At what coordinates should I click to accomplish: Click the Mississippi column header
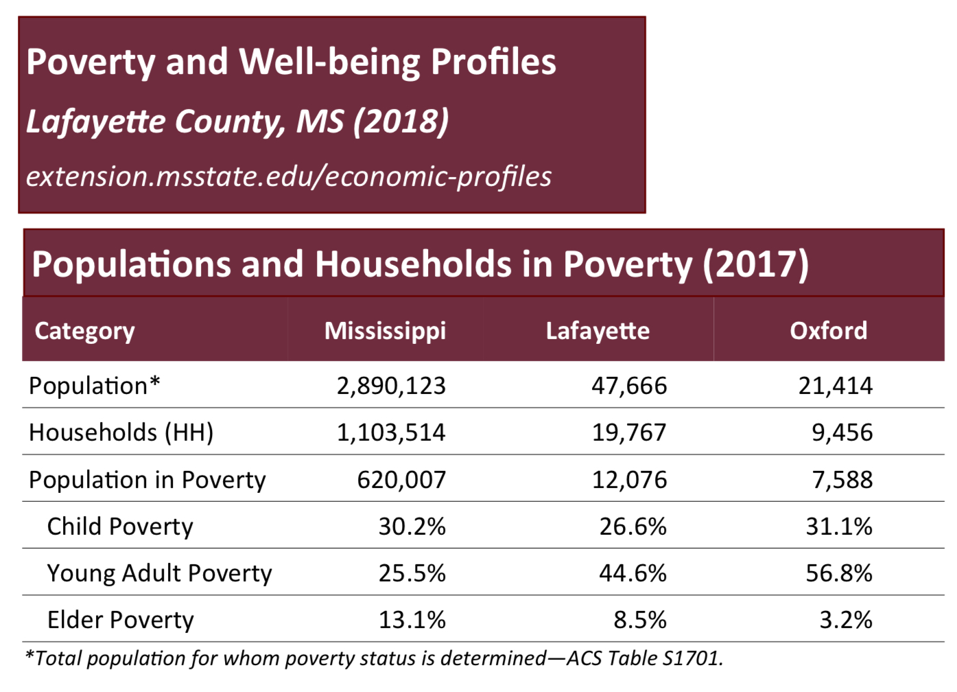385,331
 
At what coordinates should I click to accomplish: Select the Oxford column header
828,331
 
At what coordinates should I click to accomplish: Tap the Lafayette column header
598,331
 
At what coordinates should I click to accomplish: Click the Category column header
84,331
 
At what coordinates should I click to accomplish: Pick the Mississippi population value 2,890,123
391,386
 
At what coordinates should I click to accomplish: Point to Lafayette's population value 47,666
629,386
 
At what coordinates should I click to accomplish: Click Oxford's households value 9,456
842,432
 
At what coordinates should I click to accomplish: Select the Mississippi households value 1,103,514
391,432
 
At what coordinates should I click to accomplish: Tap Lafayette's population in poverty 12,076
629,479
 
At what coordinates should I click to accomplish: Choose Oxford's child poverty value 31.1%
838,527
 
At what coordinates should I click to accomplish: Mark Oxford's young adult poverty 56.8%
838,573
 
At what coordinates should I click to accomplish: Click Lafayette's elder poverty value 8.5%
639,620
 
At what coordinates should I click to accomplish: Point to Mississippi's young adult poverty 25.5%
412,573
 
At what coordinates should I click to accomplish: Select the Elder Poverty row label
121,620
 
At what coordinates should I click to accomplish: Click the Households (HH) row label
121,432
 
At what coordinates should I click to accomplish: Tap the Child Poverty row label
120,527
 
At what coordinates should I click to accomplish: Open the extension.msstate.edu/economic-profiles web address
289,176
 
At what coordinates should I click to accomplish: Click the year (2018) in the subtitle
401,122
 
